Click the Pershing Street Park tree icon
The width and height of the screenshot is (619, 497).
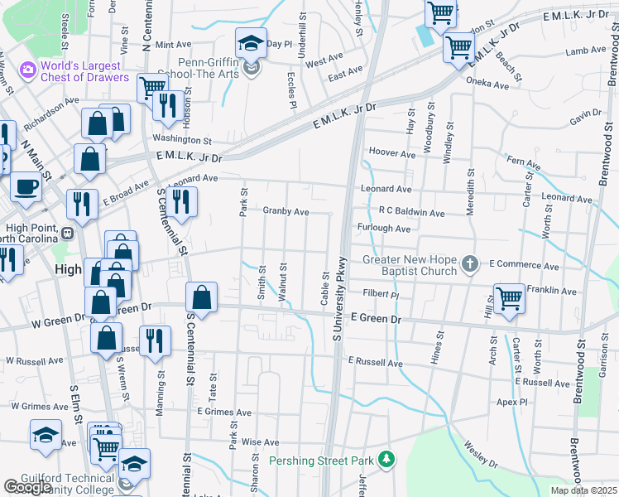[x=385, y=459]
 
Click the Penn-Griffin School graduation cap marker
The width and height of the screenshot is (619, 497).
[x=250, y=42]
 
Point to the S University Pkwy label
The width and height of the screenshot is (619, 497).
[x=337, y=307]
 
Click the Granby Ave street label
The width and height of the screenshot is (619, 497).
[x=286, y=212]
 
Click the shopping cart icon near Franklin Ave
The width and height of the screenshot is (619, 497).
[x=509, y=297]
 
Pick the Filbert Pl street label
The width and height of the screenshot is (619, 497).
[x=381, y=294]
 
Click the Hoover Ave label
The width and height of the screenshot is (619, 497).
[x=392, y=154]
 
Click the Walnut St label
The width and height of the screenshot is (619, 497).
[x=283, y=282]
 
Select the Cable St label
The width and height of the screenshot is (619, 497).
[x=325, y=287]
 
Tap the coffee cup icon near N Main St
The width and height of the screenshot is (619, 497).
[x=26, y=188]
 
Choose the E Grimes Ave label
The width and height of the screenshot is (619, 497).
[x=223, y=411]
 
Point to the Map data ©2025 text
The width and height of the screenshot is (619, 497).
[x=583, y=490]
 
